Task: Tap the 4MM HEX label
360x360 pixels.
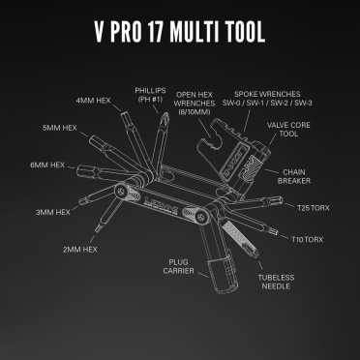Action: click(x=95, y=100)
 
